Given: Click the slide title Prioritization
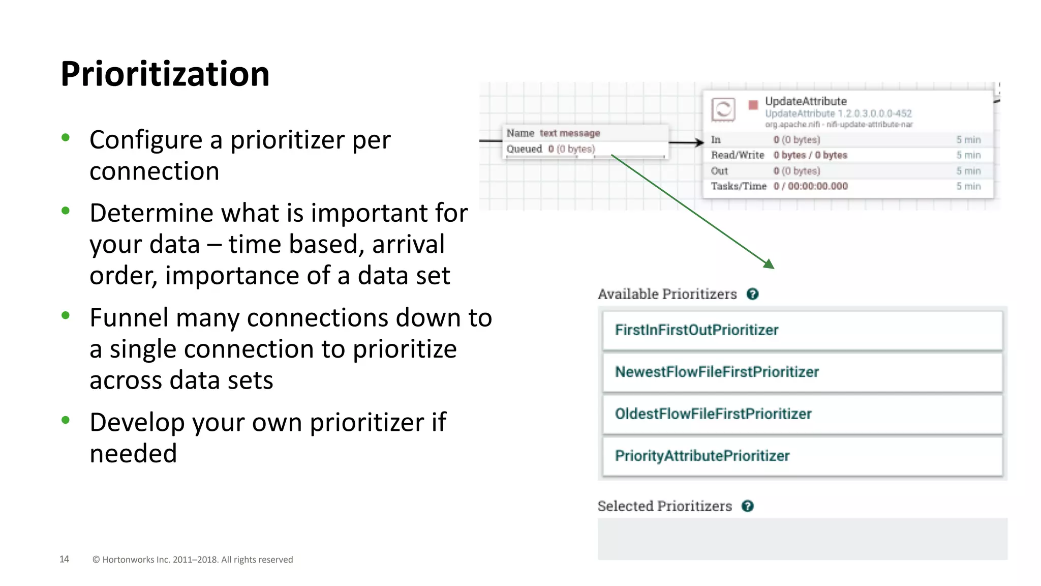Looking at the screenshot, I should tap(165, 74).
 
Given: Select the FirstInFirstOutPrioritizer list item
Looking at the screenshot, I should tap(696, 330).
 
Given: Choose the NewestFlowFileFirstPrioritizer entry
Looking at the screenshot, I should tap(717, 372).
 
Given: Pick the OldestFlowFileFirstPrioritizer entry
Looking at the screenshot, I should tap(713, 414).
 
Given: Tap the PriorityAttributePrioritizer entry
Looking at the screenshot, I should tap(702, 456).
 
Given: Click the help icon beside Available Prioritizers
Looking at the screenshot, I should tap(752, 294).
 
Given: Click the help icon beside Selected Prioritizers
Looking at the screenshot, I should tap(747, 506).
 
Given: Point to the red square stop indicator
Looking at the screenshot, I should tap(753, 105).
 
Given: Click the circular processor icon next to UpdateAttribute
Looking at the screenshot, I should tap(723, 109).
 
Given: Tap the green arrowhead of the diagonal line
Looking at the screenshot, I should tap(769, 264).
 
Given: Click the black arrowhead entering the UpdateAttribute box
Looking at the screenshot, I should tap(699, 143).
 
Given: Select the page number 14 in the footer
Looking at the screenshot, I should tap(64, 559).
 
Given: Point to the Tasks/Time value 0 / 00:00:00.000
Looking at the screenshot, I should tap(811, 186).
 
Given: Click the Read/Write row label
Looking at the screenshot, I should tap(737, 155).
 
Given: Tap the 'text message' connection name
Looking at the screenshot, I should tap(569, 133).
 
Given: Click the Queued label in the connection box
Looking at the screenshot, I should tap(524, 149).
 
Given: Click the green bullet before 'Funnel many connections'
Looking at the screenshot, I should tap(66, 315).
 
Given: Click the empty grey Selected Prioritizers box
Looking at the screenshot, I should tap(802, 539).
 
